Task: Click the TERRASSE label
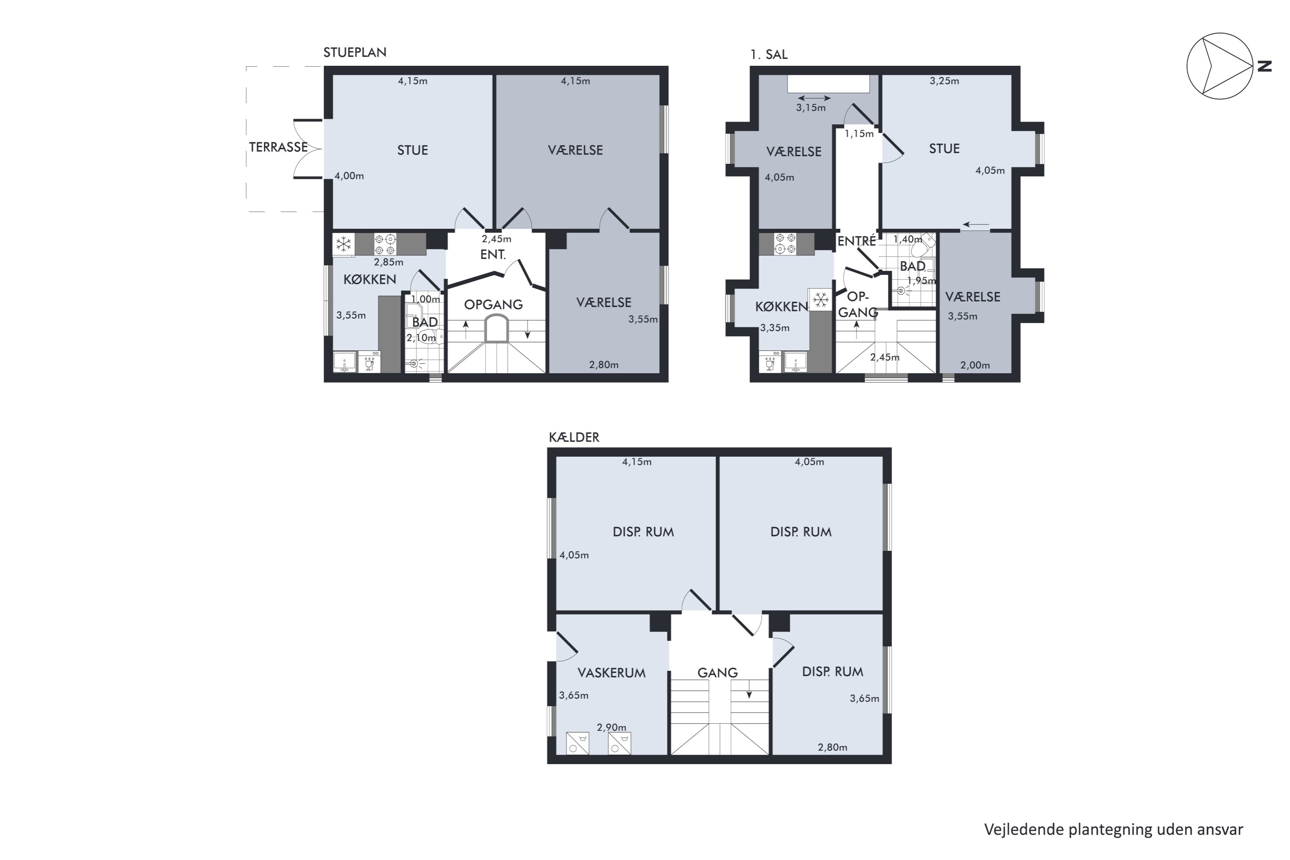coord(278,147)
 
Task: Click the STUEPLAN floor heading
coord(355,52)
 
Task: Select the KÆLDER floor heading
coord(574,437)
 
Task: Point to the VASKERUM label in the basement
coord(611,673)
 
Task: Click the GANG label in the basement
coord(717,673)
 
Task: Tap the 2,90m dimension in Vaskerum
coord(611,727)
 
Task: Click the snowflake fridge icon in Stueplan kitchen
coord(343,244)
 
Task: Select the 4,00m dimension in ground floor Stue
coord(349,176)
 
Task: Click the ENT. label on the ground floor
coord(492,255)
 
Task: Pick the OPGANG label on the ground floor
coord(493,305)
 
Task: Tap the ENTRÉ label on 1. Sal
coord(857,241)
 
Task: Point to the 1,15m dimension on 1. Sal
coord(859,134)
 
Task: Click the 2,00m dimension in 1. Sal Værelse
coord(975,365)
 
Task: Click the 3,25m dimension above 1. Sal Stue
coord(944,81)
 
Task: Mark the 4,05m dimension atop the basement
coord(809,462)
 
